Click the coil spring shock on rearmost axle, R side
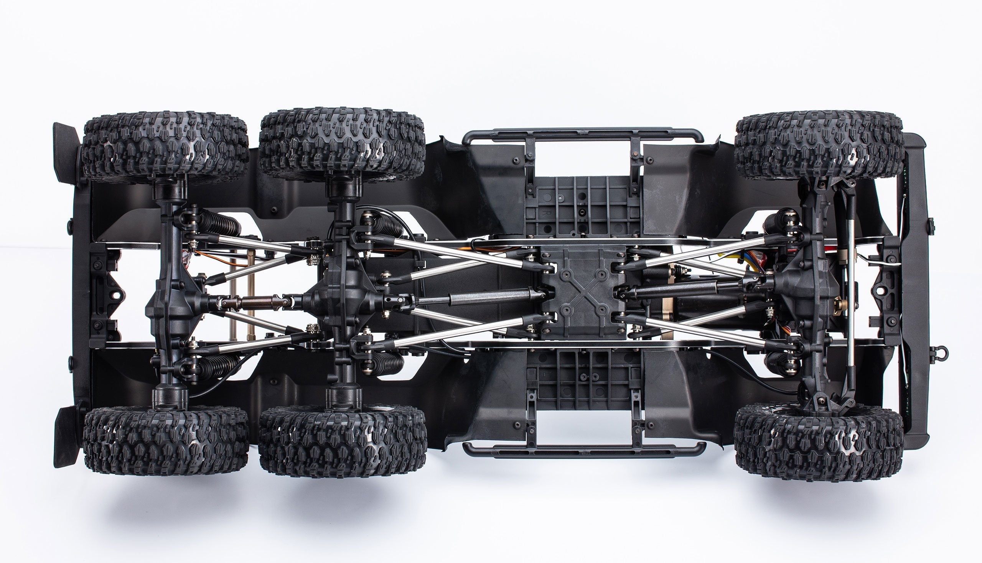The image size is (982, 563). tap(219, 225)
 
